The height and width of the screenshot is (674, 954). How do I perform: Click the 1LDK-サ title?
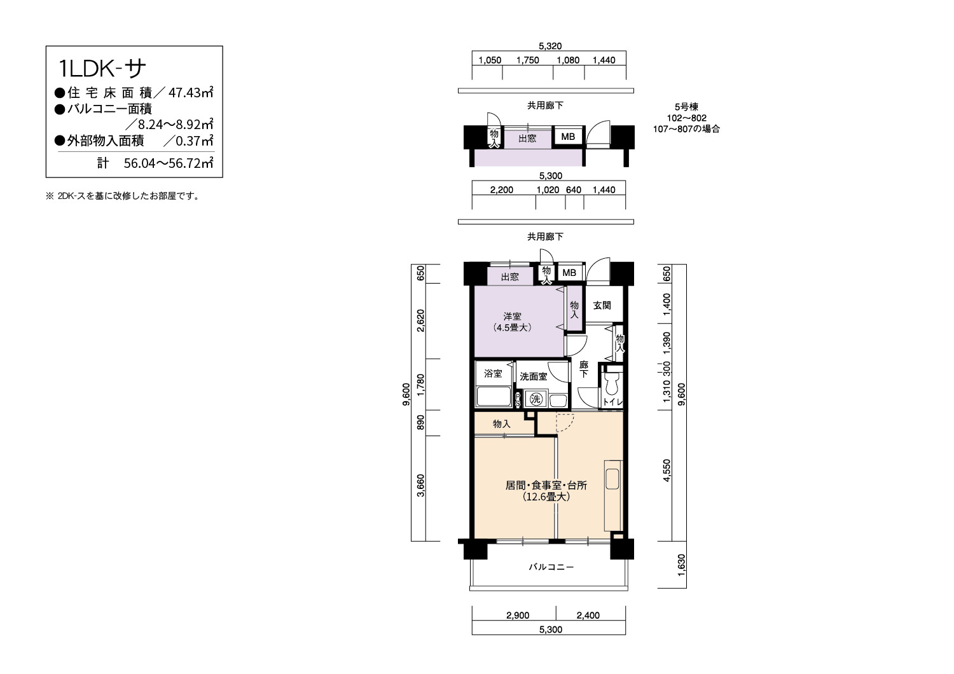[x=102, y=69]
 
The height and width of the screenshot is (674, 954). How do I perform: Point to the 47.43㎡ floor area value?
[x=191, y=92]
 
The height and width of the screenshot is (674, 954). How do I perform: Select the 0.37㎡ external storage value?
[x=194, y=141]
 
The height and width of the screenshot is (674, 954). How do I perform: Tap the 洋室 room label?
[x=512, y=317]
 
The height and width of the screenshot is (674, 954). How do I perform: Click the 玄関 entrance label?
[x=602, y=305]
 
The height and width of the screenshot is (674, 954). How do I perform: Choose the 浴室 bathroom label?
[x=493, y=373]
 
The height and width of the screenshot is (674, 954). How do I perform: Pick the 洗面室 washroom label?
[x=533, y=376]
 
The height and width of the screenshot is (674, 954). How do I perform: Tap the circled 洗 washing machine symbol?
[x=536, y=399]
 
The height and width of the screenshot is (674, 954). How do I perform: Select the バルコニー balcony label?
[x=551, y=567]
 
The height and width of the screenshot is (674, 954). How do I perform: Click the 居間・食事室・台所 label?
[x=546, y=485]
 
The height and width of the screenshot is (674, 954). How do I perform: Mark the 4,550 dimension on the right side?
[x=667, y=470]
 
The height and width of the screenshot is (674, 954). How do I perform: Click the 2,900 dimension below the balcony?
[x=518, y=616]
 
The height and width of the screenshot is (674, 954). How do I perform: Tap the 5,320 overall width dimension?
[x=550, y=46]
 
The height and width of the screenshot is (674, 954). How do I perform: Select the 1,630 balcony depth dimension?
[x=681, y=565]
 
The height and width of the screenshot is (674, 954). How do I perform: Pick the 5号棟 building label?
[x=686, y=107]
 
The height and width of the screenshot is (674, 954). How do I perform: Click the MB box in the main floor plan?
[x=569, y=273]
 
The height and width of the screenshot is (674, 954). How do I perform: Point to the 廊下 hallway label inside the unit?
[x=583, y=369]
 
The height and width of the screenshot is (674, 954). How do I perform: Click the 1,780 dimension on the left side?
[x=421, y=385]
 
